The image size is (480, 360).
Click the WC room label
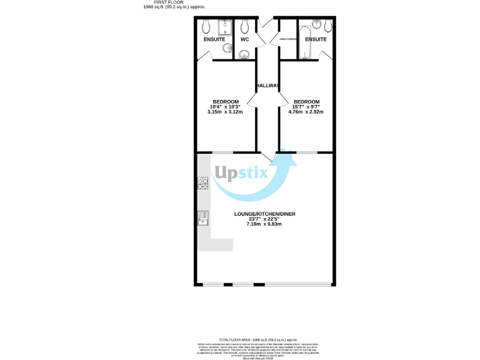pos(245,39)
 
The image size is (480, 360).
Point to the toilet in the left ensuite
pos(206,26)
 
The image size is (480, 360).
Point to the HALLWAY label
pos(267,85)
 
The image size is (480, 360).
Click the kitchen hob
pos(202,183)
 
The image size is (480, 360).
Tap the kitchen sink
pos(203,217)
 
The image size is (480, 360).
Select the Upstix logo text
pos(242,173)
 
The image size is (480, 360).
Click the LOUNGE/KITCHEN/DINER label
pos(265,214)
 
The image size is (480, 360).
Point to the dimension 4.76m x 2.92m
pos(307,112)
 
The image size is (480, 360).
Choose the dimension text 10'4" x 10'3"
pos(226,107)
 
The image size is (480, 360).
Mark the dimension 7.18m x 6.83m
pos(265,224)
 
